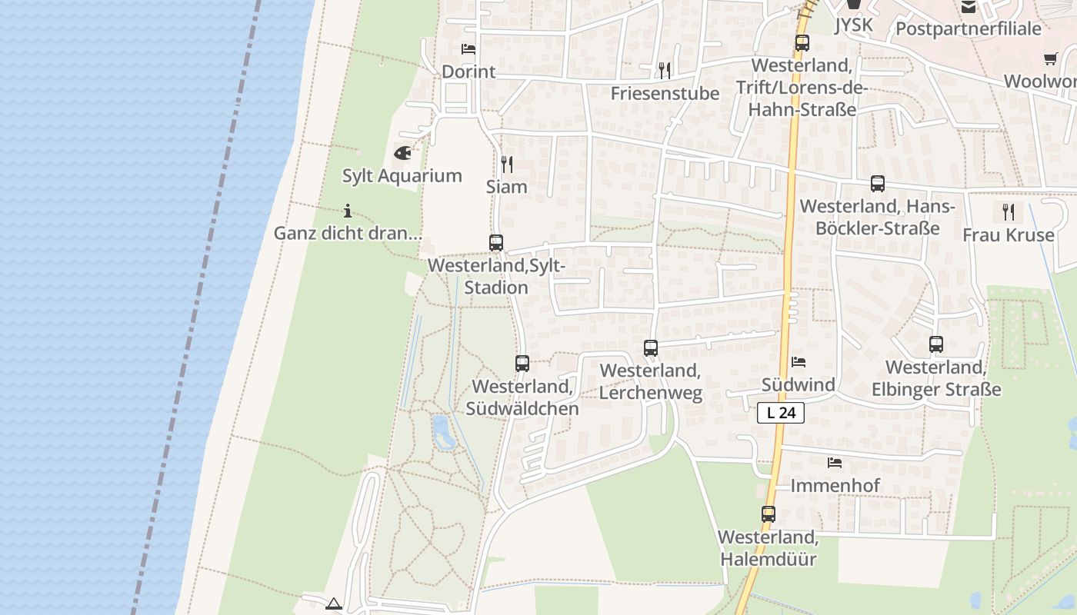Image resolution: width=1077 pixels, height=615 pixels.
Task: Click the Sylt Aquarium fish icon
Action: click(402, 153)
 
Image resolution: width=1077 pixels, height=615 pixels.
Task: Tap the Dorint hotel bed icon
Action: click(468, 49)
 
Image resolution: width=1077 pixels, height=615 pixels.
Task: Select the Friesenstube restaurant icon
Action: click(665, 71)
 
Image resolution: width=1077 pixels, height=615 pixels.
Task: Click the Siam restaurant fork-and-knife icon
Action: click(506, 164)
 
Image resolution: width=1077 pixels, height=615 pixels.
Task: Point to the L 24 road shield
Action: click(781, 413)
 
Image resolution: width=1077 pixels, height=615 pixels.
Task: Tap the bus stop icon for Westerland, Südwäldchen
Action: click(522, 364)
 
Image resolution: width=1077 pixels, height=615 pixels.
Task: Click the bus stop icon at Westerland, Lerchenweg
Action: click(651, 348)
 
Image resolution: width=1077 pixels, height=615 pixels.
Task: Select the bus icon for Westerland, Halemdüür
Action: click(769, 514)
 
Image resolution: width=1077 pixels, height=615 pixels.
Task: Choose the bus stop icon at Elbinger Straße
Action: click(936, 344)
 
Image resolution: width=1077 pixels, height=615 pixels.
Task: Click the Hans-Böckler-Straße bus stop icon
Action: click(878, 184)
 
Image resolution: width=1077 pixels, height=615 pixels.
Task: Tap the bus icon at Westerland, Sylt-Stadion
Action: click(496, 243)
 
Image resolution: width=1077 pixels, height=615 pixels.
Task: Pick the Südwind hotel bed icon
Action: click(799, 361)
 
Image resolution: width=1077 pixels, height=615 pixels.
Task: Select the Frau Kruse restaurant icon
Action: click(1008, 211)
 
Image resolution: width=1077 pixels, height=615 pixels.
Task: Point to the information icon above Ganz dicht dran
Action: click(348, 210)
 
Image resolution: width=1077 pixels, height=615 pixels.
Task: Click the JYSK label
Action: click(854, 25)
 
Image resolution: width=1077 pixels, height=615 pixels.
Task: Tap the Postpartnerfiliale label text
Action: click(969, 29)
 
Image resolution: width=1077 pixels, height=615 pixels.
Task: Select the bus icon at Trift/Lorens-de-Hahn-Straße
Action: click(802, 43)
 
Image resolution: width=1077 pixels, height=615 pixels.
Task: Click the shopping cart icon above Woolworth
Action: click(1051, 58)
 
